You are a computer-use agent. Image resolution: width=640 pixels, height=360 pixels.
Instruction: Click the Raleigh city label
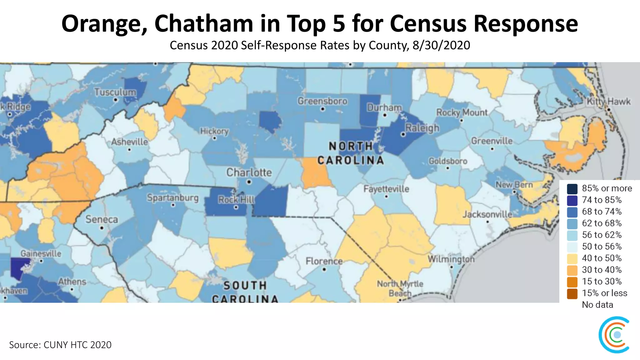click(422, 128)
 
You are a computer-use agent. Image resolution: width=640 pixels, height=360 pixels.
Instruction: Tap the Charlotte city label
click(249, 172)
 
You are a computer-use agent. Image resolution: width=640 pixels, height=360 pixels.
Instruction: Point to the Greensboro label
click(322, 101)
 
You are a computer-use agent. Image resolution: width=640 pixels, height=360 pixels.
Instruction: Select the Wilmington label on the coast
click(451, 259)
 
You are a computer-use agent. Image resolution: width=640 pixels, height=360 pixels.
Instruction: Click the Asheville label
click(130, 142)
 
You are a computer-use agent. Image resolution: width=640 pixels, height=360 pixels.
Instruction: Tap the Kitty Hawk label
click(608, 102)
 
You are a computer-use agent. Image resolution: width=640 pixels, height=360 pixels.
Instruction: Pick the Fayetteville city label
click(386, 189)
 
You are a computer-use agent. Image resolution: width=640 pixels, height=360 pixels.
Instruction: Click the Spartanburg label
click(173, 197)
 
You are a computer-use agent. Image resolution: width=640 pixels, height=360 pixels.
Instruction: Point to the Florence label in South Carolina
click(324, 261)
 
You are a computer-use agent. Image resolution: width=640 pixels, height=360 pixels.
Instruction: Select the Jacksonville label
click(487, 214)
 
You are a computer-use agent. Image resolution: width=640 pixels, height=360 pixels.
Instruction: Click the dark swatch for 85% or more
click(572, 188)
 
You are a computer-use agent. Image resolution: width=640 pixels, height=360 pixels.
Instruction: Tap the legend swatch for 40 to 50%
click(572, 258)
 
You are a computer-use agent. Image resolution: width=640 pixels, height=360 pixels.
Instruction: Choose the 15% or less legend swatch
click(572, 293)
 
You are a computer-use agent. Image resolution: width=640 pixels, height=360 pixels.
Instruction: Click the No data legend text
click(597, 305)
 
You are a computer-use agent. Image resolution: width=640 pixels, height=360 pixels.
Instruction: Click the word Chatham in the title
click(204, 23)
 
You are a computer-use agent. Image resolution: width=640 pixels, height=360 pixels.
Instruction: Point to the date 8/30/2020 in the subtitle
click(441, 45)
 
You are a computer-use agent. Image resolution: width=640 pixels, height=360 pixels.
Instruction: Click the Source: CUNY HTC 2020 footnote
click(60, 345)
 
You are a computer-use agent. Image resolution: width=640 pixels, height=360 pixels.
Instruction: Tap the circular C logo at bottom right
click(614, 335)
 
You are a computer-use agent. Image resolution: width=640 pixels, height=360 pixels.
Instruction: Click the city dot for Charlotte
click(249, 182)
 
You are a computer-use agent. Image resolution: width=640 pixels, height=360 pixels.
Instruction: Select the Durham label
click(384, 107)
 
